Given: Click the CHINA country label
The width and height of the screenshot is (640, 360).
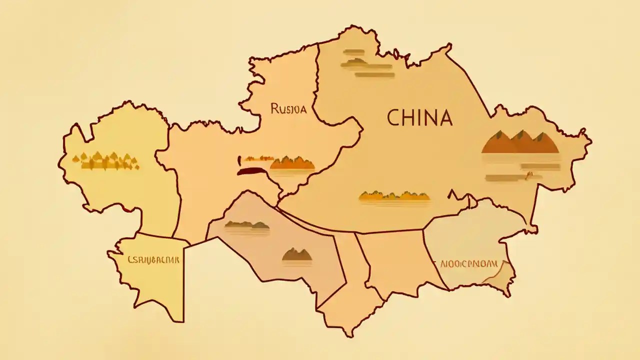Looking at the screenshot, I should coord(419,118).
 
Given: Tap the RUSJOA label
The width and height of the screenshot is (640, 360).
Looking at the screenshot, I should coord(288,108).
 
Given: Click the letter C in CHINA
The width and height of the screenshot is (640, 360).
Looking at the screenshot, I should coord(393,118).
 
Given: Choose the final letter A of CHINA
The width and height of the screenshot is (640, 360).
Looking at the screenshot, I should coord(445,118).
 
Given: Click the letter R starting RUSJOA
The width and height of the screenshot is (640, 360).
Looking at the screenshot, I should coord(274,108).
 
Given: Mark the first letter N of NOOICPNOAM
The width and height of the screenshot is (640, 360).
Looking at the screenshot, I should coord(443,263).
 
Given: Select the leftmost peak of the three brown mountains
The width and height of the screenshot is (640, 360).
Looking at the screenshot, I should coord(498,142).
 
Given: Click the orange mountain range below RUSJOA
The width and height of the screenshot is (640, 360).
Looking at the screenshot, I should coord(292,163).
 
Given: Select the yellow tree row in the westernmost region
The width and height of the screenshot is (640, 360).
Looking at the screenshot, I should coord(105,160).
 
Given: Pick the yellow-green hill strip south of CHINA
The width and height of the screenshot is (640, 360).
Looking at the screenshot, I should coord(394,196).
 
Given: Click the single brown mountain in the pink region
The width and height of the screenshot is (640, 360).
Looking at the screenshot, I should coord(297,255).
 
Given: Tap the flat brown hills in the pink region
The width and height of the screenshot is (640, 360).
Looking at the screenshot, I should coord(247,225).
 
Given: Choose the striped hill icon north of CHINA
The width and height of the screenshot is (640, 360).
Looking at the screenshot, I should coord(367,63).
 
